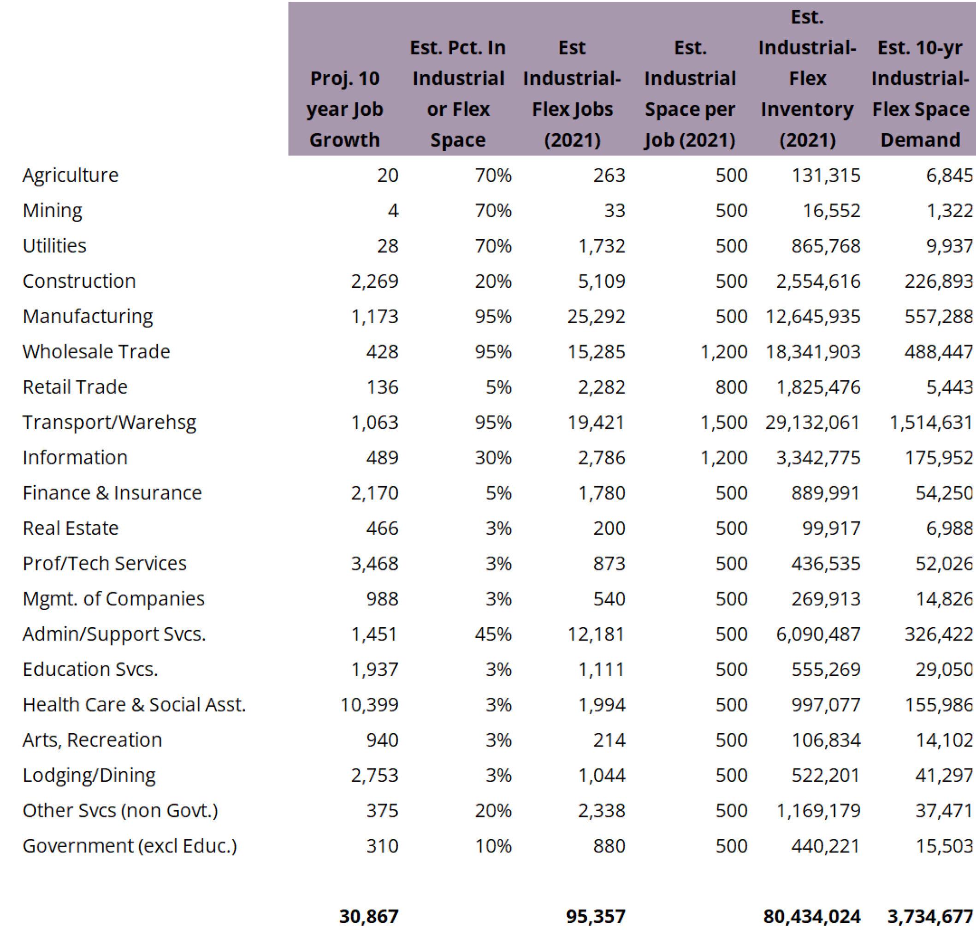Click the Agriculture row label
tap(70, 175)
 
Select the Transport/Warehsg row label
tap(109, 422)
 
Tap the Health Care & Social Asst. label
tap(134, 705)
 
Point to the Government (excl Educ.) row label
tap(130, 846)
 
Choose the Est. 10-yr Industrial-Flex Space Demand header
tap(920, 94)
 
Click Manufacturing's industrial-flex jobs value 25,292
tap(596, 317)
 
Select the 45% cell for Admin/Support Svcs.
tap(493, 634)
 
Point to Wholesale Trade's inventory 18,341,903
tap(813, 352)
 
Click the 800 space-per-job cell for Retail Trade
tap(731, 387)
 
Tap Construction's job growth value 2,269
tap(374, 281)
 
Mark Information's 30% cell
tap(493, 458)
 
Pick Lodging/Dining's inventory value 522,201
tap(825, 776)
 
